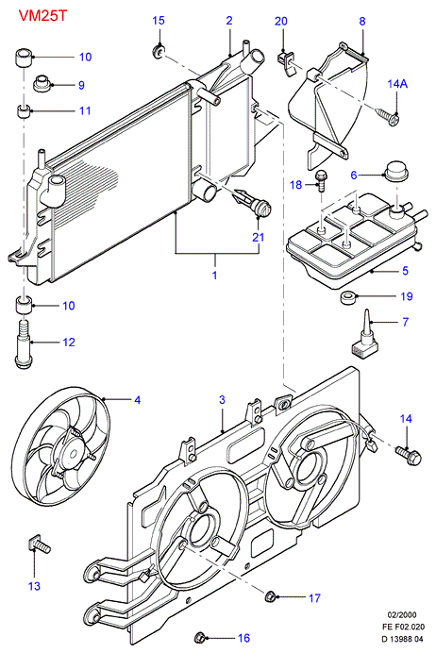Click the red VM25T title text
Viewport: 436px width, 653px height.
42,16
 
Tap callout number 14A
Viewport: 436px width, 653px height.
397,84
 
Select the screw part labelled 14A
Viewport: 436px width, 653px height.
388,116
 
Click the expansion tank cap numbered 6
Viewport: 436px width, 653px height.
395,171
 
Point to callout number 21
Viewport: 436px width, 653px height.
259,237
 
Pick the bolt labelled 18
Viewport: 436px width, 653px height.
321,180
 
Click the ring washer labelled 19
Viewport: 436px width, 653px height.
347,297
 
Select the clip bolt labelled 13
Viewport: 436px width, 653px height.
40,544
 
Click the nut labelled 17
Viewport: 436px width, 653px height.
270,596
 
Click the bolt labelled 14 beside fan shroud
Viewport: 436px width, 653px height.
409,454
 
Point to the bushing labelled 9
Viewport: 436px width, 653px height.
42,83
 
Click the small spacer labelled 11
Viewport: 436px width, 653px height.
24,111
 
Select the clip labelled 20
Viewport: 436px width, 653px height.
285,62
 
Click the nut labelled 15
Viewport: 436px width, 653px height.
159,51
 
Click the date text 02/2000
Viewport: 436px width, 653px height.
402,614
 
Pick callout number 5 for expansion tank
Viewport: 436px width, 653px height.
405,271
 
